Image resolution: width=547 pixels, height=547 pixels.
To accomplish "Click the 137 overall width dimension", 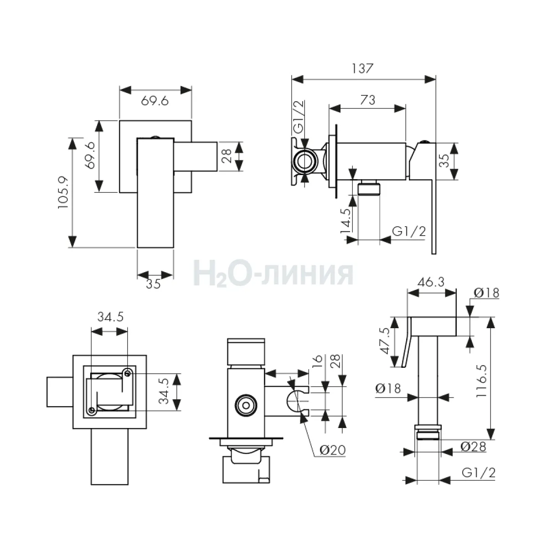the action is pyautogui.click(x=362, y=69).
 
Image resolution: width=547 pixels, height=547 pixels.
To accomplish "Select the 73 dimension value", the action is pyautogui.click(x=367, y=100).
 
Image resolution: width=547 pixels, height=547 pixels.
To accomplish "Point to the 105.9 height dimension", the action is pyautogui.click(x=63, y=193).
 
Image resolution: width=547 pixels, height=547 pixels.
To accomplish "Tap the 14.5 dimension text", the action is pyautogui.click(x=346, y=221).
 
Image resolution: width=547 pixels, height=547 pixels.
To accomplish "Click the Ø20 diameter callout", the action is pyautogui.click(x=333, y=450).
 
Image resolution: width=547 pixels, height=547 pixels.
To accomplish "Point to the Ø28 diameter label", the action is pyautogui.click(x=473, y=447).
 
